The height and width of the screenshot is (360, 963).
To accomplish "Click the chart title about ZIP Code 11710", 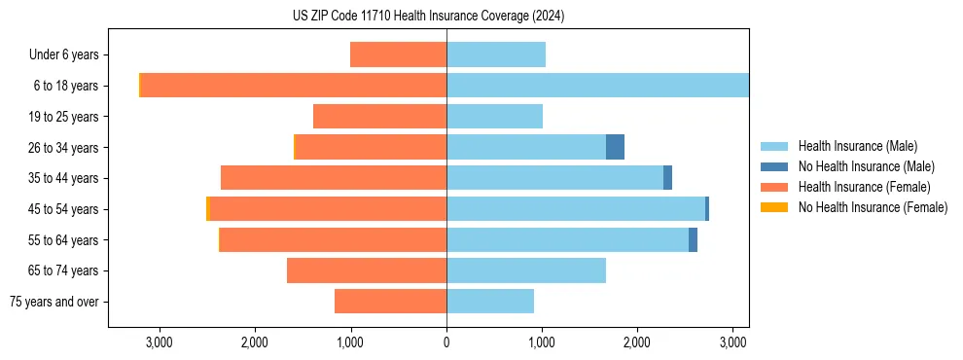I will coord(428,17).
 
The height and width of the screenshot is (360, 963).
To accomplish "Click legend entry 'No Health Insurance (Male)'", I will coord(859,166).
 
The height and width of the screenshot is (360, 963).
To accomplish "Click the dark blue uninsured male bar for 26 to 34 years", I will coord(615,147).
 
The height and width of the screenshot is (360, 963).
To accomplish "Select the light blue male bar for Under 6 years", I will coord(496,54).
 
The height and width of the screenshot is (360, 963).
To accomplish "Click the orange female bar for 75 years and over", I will coord(390,302).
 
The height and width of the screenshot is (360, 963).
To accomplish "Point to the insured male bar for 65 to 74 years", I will coord(526,270).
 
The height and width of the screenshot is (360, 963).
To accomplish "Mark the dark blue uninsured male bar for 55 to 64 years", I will coord(693,239).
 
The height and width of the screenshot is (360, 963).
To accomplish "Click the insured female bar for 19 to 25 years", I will coord(379,117).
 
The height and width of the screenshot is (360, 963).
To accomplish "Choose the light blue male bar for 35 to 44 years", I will coord(554,178).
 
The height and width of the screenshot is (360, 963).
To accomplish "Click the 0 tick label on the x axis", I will coord(446,342).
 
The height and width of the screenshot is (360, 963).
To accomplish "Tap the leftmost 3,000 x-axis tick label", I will coord(159,342).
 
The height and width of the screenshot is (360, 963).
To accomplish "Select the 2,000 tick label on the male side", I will coord(637,342).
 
